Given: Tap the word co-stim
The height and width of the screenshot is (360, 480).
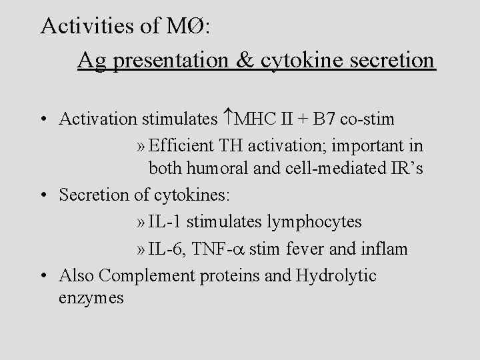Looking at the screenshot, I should pos(367,119).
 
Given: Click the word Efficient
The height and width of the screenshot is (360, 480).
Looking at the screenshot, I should pos(180,145).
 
